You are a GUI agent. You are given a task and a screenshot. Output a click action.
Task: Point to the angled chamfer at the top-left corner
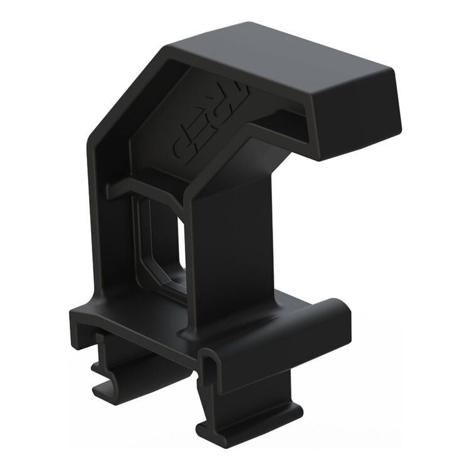[119, 100]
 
